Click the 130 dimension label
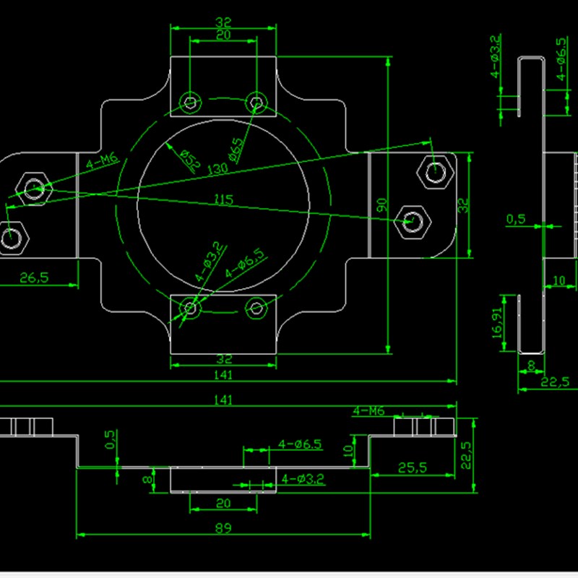218,169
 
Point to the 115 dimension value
223,200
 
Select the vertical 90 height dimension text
382,205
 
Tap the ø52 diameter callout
189,160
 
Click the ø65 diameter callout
236,150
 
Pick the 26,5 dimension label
34,277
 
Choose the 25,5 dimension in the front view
412,467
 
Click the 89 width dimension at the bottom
223,528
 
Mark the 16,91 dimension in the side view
497,323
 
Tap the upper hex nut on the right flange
435,172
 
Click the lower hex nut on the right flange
412,222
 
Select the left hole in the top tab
190,103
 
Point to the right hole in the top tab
256,103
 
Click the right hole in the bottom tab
256,309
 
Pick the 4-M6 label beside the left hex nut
102,160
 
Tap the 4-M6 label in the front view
368,410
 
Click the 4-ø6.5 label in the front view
300,444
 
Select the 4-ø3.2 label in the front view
303,479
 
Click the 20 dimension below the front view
223,503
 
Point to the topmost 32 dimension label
223,22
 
